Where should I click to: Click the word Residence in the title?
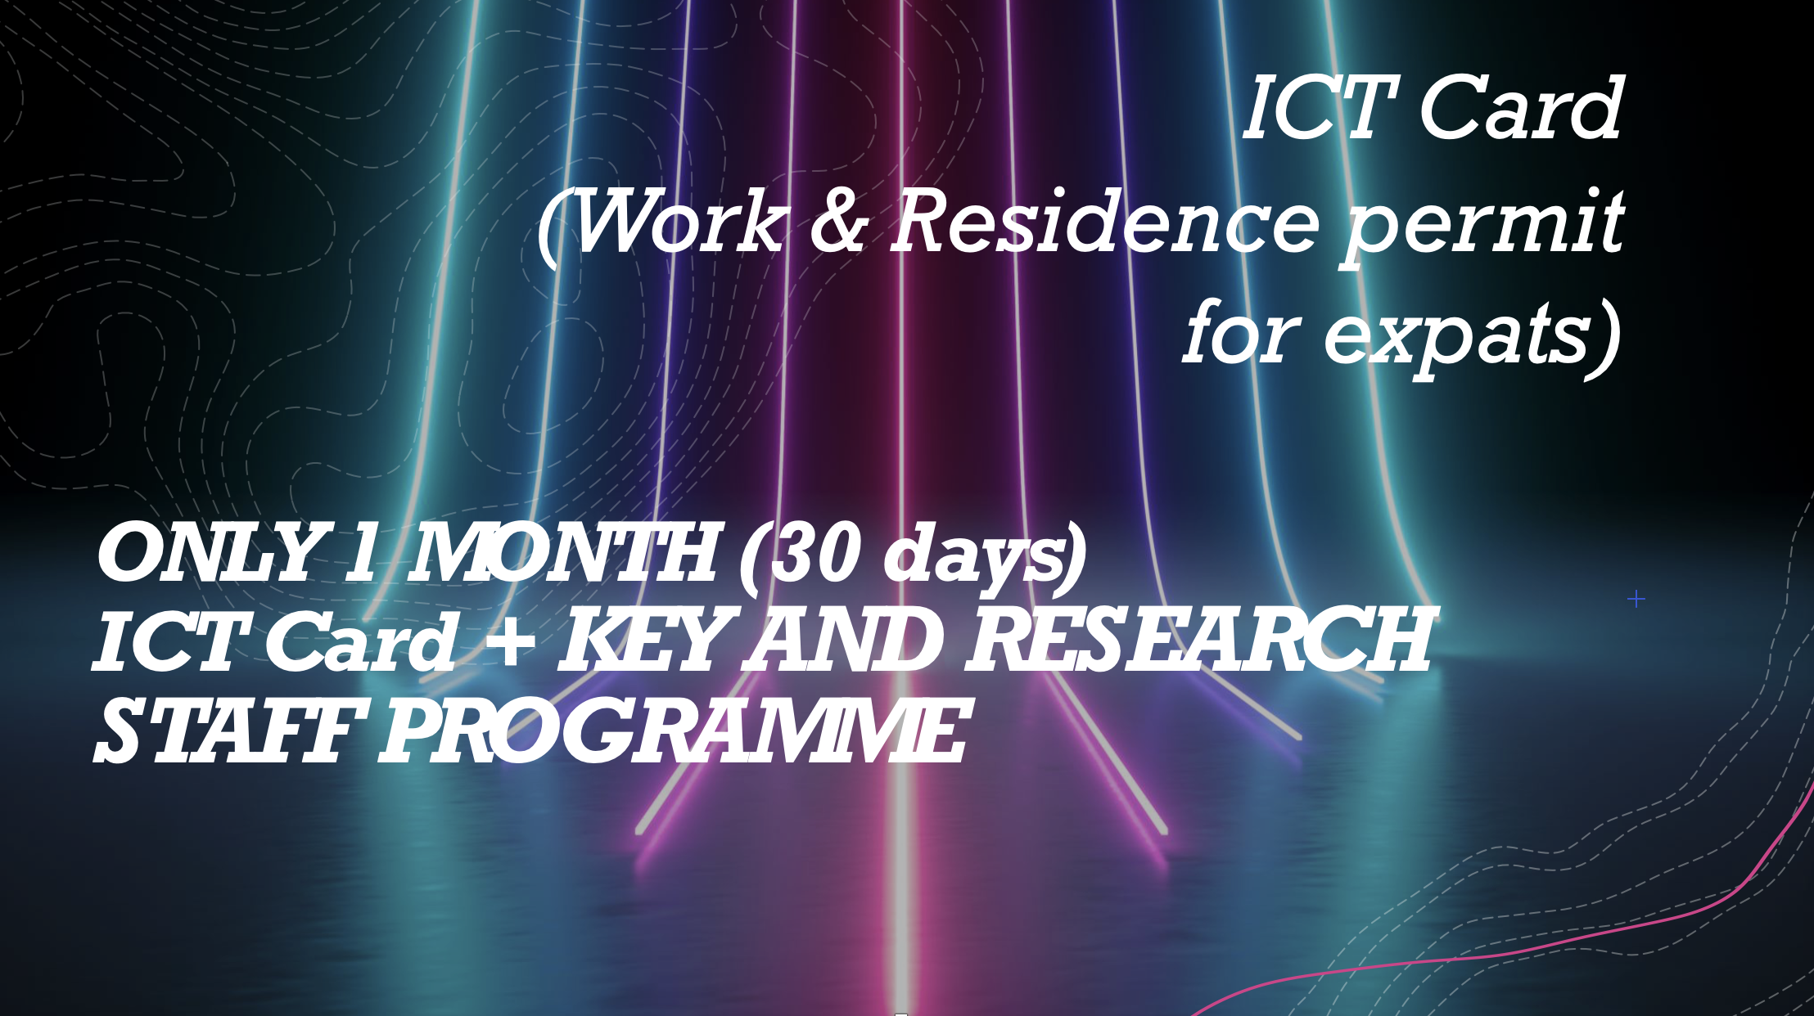[x=1105, y=221]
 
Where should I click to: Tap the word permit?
[x=1482, y=225]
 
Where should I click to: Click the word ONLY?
[x=209, y=553]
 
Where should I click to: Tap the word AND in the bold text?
[x=843, y=641]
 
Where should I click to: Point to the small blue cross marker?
[x=1636, y=600]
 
